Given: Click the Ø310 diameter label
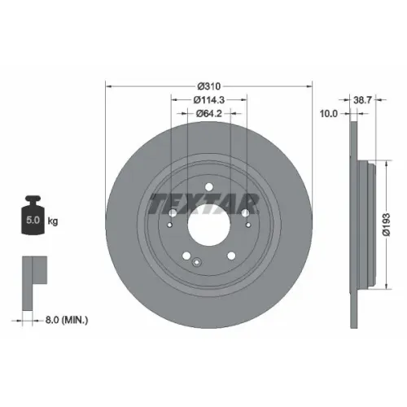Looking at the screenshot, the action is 209,86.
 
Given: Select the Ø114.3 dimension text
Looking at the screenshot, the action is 209,100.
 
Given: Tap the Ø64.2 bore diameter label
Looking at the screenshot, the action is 209,113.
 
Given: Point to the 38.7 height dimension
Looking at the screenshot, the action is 362,100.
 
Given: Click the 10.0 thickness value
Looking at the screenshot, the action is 329,114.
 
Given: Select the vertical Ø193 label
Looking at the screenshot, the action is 387,225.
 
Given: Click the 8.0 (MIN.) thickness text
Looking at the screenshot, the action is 67,320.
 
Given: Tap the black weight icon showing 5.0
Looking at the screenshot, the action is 33,215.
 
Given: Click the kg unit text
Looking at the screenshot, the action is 53,221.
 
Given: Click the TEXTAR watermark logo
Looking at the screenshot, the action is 204,203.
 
